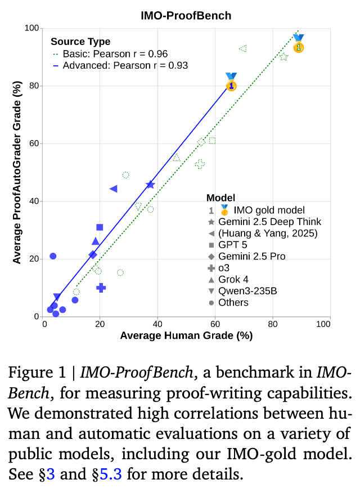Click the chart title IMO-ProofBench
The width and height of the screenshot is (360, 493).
pos(186,16)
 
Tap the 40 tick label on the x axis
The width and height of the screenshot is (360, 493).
pos(157,324)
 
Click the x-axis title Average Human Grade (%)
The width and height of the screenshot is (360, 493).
pos(186,336)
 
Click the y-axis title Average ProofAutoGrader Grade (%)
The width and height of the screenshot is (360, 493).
pos(17,172)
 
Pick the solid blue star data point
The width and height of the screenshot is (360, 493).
pos(150,185)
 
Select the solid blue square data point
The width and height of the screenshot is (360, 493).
pos(100,227)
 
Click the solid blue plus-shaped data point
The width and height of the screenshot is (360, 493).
pos(101,288)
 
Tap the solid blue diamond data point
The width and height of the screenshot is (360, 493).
pos(93,255)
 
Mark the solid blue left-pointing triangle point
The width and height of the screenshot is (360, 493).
pos(113,189)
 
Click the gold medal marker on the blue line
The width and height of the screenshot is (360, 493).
pos(231,86)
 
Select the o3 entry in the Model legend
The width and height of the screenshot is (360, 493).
pos(223,268)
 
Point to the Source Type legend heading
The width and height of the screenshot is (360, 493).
pos(80,42)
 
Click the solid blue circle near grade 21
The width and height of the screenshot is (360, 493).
pos(53,256)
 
